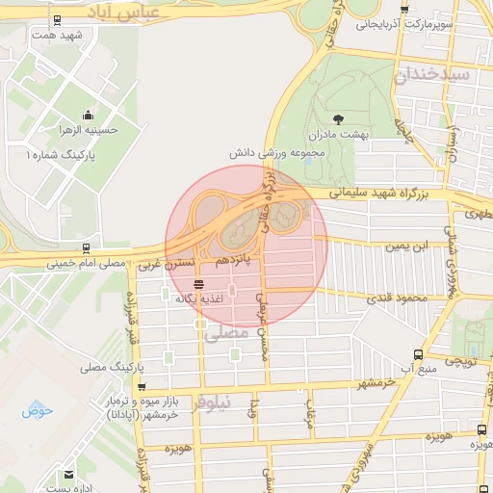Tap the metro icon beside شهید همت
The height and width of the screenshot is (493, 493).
point(59,20)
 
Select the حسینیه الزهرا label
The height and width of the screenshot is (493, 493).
point(88,132)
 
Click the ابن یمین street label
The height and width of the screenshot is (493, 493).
point(405,246)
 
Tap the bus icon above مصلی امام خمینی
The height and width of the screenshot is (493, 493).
point(88,246)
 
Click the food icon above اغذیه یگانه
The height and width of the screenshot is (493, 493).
point(198,283)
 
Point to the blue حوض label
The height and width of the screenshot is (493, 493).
point(38,411)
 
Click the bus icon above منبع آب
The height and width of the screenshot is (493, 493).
point(417,354)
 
